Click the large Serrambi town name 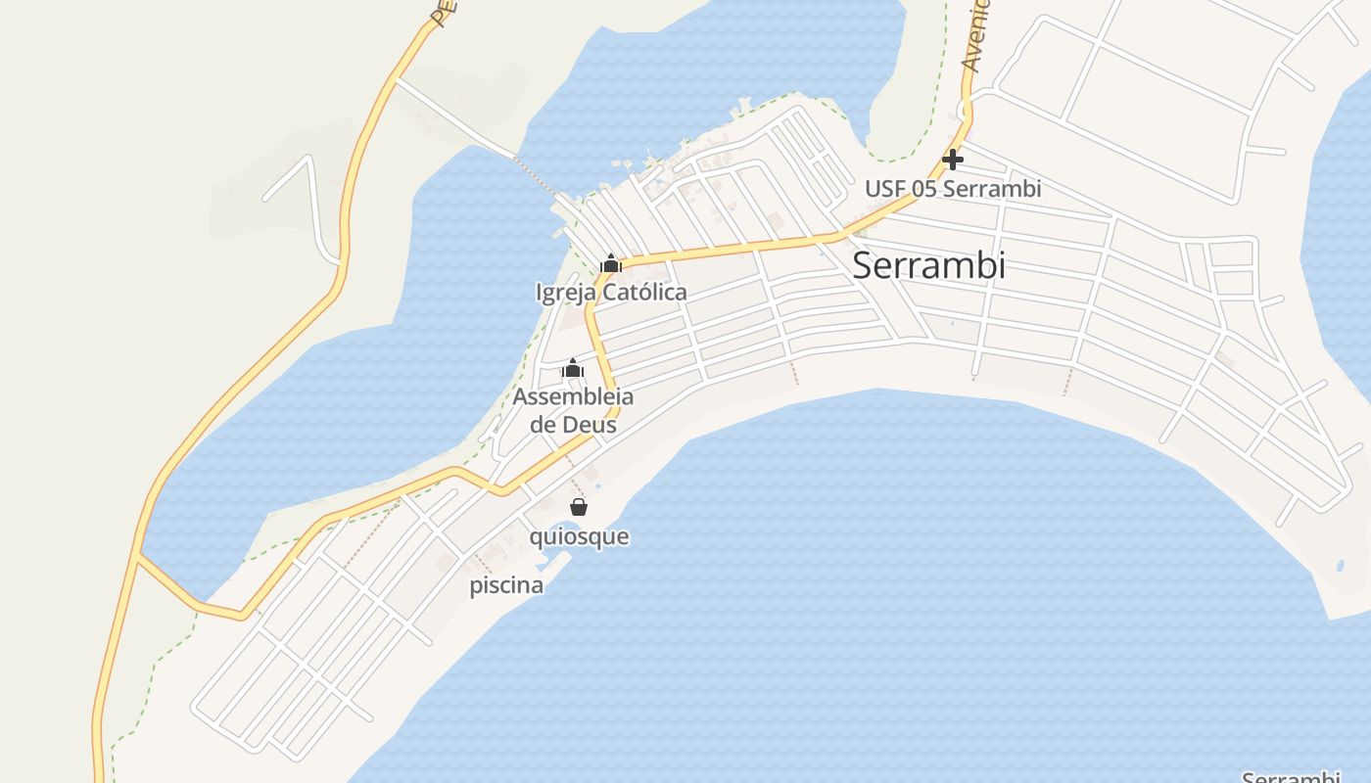tap(928, 265)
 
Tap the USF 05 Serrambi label tap(952, 189)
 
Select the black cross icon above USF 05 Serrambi tap(952, 160)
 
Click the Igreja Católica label tap(611, 293)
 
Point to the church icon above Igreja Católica tap(611, 263)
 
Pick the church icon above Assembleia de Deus tap(573, 369)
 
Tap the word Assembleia tap(573, 397)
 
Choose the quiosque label tap(579, 537)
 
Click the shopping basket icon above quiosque tap(579, 507)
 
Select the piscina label tap(506, 586)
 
